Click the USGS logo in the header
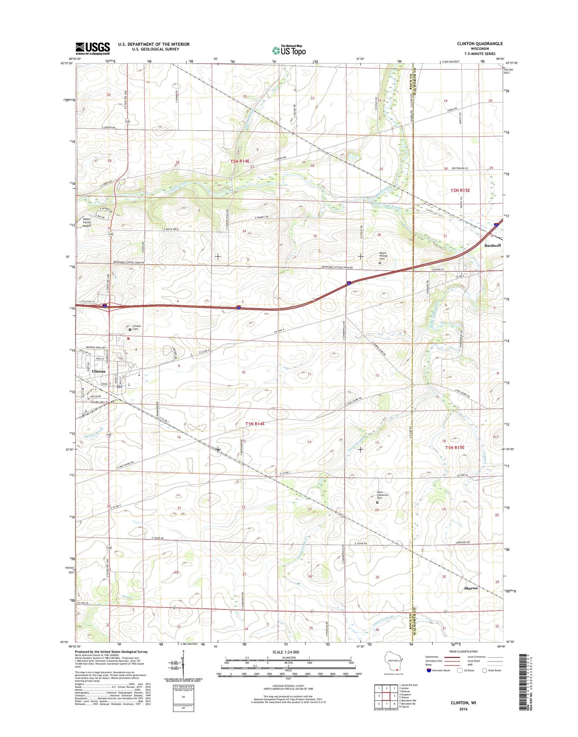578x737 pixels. pyautogui.click(x=92, y=48)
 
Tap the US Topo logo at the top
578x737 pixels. pyautogui.click(x=289, y=50)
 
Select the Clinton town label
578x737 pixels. pyautogui.click(x=99, y=371)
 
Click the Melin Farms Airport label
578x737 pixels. pyautogui.click(x=87, y=222)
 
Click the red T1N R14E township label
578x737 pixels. pyautogui.click(x=255, y=424)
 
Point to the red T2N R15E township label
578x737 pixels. pyautogui.click(x=460, y=190)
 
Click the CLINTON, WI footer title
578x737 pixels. pyautogui.click(x=464, y=703)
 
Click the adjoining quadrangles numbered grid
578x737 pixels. pyautogui.click(x=386, y=695)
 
